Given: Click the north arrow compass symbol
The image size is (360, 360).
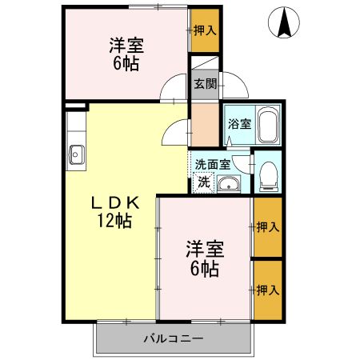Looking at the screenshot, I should pyautogui.click(x=284, y=22).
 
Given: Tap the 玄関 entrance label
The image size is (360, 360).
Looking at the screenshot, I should pyautogui.click(x=202, y=83).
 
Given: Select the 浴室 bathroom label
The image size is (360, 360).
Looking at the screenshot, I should pyautogui.click(x=238, y=124).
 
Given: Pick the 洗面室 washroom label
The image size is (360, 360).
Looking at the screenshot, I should pyautogui.click(x=212, y=163).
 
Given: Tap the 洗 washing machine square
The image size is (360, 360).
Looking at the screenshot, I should pyautogui.click(x=204, y=182).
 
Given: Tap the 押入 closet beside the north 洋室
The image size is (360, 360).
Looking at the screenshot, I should pyautogui.click(x=205, y=30).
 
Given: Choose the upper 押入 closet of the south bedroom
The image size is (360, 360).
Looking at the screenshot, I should pyautogui.click(x=267, y=227).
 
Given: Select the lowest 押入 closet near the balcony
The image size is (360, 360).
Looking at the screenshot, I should pyautogui.click(x=267, y=290).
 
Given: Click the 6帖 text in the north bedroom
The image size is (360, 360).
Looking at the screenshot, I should pyautogui.click(x=126, y=63).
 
